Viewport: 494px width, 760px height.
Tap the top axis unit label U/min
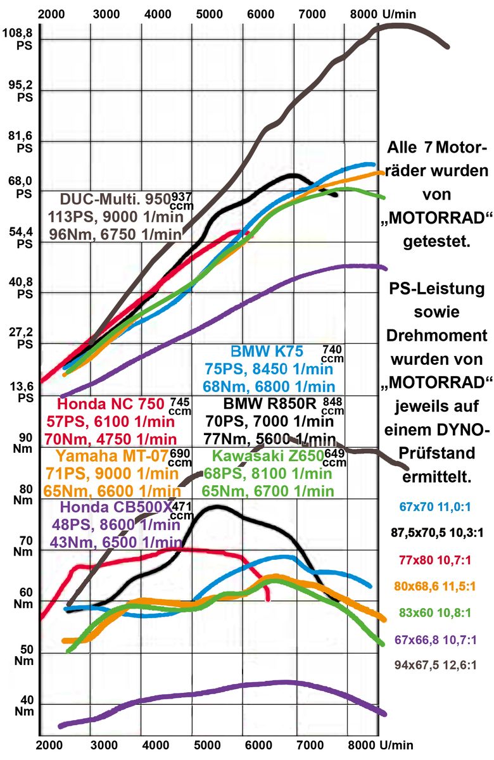pos(401,13)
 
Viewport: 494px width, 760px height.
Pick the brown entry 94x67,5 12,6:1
pos(438,665)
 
